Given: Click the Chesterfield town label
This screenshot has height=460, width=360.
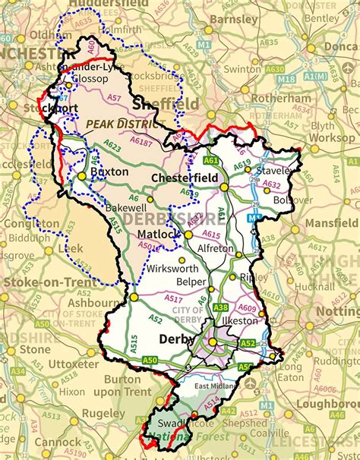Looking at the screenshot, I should click(x=185, y=177).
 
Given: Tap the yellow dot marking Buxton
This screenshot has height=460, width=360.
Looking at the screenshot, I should click(x=81, y=175).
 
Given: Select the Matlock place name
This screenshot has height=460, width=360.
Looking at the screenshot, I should click(x=157, y=235).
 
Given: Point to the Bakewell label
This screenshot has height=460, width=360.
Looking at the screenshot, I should click(x=125, y=206).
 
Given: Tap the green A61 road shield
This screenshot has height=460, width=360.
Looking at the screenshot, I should click(x=211, y=161).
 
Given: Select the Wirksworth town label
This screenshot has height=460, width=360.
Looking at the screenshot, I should click(x=172, y=269).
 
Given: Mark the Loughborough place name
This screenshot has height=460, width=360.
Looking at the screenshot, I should click(x=329, y=404).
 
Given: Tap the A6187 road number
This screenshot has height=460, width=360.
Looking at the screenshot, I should click(x=141, y=141).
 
